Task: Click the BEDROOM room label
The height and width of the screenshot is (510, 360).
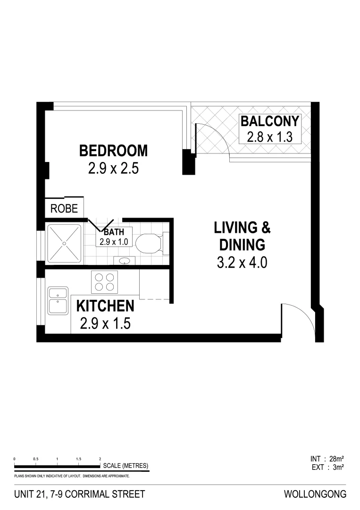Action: tap(113, 151)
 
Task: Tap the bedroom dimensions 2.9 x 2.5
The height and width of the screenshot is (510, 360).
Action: tap(113, 169)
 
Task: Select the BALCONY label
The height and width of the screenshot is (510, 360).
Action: tap(270, 121)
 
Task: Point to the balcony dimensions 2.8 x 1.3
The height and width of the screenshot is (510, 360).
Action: tap(270, 137)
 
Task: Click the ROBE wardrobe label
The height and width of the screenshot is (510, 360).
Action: tap(64, 208)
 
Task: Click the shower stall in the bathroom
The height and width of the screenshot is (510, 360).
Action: tap(64, 243)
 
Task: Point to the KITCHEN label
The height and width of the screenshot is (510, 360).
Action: tap(105, 306)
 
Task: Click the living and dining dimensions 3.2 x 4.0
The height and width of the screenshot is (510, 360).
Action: tap(242, 263)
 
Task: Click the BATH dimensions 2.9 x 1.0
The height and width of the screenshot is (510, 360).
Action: tap(114, 241)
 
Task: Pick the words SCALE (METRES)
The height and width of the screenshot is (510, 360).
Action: tap(126, 466)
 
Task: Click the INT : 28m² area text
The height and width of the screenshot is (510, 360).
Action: tap(327, 459)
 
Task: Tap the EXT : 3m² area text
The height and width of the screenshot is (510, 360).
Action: tap(327, 467)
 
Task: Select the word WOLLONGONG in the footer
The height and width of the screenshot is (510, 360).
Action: tap(315, 494)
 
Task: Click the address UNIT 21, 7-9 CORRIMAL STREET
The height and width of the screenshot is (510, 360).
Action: tap(80, 494)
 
